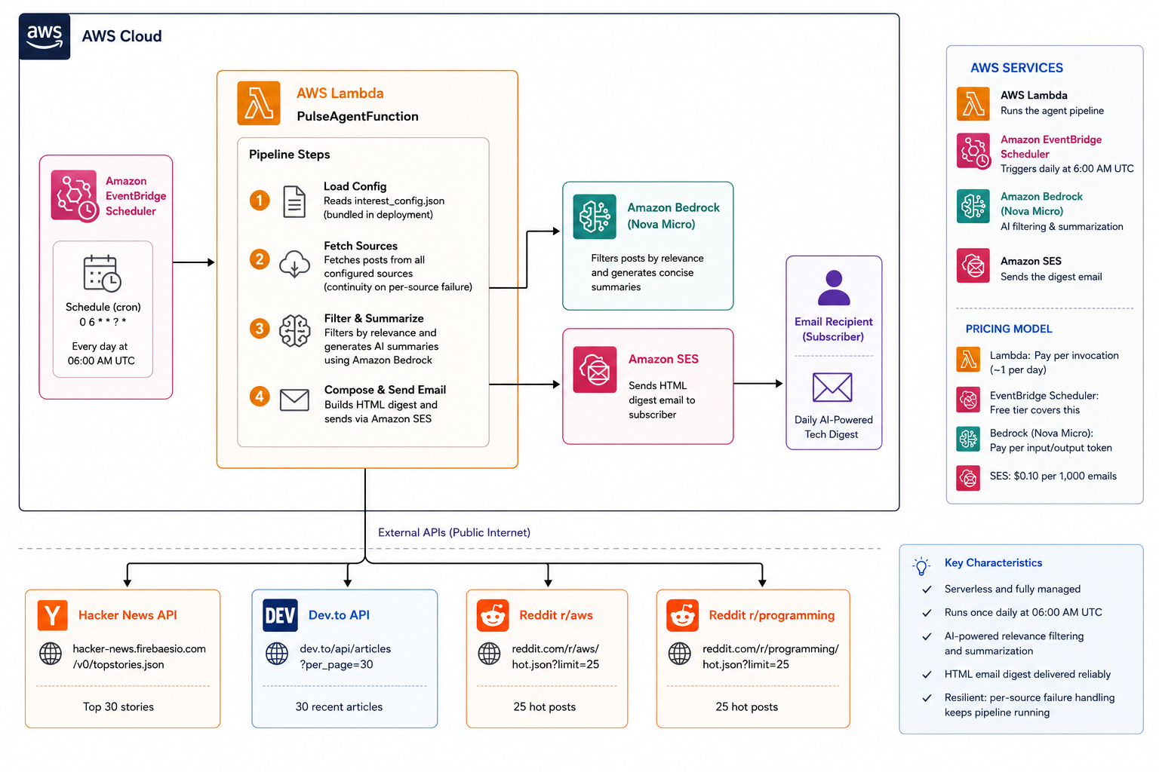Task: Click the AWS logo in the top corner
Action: [x=45, y=37]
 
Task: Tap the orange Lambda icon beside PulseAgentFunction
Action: [x=259, y=103]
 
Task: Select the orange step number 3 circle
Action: [x=260, y=329]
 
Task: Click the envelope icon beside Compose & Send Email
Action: [x=294, y=400]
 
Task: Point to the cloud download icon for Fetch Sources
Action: [x=294, y=264]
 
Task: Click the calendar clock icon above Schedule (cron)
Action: [x=102, y=273]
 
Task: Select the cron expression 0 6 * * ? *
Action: [x=103, y=322]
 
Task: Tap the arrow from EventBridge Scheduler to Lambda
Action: [x=193, y=262]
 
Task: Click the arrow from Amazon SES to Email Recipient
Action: [x=758, y=384]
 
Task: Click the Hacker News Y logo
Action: [x=52, y=615]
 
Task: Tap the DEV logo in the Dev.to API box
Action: [x=280, y=615]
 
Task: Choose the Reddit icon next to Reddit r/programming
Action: [x=682, y=615]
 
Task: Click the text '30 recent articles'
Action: [x=339, y=707]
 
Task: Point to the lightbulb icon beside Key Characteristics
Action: [x=921, y=565]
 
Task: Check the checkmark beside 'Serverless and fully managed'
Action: [x=927, y=590]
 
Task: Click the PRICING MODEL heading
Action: [x=1008, y=329]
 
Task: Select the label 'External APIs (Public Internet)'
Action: [x=453, y=532]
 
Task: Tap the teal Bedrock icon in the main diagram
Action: [x=595, y=216]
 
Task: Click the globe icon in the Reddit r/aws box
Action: [x=489, y=654]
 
